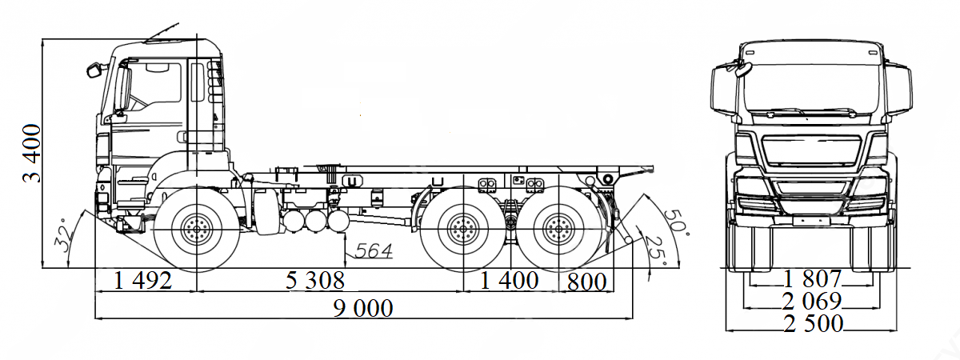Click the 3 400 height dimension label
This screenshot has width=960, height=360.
point(33,154)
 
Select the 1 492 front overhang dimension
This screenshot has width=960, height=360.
point(143,281)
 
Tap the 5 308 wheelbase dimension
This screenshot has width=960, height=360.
point(315,281)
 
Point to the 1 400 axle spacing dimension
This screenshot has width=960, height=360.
point(509,281)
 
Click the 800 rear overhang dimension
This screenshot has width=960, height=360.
point(586,282)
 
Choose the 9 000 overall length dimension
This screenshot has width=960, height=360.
point(363,308)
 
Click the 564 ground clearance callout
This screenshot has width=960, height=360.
point(374,250)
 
